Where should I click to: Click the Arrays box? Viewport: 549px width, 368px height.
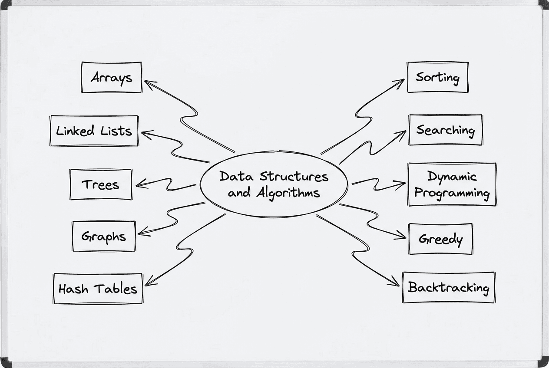112,77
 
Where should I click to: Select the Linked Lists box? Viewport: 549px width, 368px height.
94,130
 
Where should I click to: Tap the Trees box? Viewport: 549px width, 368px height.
101,184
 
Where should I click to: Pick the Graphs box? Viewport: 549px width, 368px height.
104,237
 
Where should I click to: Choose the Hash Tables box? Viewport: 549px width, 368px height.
98,289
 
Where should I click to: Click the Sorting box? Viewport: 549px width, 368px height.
437,77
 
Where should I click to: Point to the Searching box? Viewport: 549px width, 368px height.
446,130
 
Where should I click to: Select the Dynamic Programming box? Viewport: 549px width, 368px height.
452,184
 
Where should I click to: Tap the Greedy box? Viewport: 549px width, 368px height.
441,239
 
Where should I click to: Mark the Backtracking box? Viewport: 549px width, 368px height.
449,287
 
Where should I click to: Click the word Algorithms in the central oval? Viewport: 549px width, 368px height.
288,193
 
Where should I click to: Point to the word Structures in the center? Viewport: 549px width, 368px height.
294,177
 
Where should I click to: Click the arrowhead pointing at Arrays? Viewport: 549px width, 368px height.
147,82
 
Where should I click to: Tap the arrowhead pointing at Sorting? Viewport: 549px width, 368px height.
401,82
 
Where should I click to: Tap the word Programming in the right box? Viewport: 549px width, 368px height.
452,193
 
